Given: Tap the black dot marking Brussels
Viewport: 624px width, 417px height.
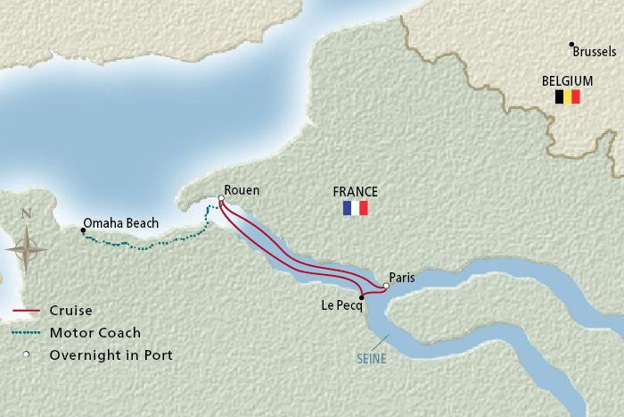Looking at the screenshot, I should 572,45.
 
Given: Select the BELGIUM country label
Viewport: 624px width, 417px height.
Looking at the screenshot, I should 568,79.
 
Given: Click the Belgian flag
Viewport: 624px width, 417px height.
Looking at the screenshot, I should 568,96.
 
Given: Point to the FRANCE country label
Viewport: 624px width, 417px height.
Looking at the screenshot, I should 355,191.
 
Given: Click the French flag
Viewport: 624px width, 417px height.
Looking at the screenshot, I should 355,208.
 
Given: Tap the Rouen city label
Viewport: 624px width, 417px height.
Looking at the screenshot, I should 242,189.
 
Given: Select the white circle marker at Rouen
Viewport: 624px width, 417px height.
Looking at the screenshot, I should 220,199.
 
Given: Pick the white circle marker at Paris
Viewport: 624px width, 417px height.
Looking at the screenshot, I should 385,287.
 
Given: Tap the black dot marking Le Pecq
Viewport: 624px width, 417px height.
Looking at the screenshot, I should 360,297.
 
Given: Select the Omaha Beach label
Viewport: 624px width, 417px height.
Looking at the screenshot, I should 120,222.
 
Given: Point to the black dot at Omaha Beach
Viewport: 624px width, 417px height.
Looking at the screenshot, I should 83,230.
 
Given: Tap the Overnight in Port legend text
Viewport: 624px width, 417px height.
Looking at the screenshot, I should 112,354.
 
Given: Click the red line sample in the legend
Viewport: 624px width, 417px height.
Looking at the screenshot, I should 28,312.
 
